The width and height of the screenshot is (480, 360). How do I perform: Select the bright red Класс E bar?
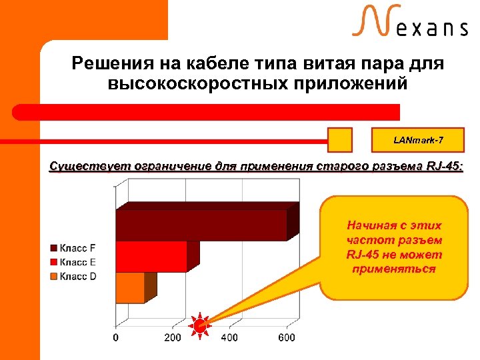pyautogui.click(x=151, y=256)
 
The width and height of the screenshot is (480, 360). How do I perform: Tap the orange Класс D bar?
pyautogui.click(x=130, y=288)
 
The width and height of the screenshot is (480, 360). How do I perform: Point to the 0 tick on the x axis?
pyautogui.click(x=116, y=337)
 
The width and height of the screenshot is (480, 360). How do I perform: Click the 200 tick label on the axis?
pyautogui.click(x=173, y=337)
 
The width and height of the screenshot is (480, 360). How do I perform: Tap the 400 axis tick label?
pyautogui.click(x=229, y=337)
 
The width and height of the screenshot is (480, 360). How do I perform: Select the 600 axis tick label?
pyautogui.click(x=286, y=337)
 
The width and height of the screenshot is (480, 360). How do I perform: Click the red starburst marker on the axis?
pyautogui.click(x=199, y=325)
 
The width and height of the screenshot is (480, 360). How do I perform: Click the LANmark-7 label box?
pyautogui.click(x=417, y=141)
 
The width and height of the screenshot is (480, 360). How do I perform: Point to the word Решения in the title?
pyautogui.click(x=114, y=65)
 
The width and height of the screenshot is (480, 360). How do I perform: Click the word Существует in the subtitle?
pyautogui.click(x=87, y=166)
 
